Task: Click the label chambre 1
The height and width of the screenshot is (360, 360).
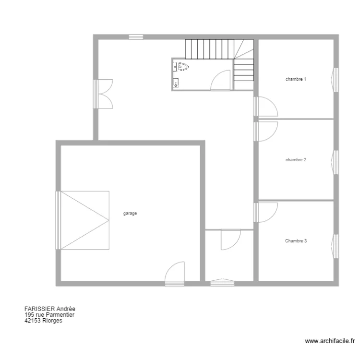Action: pos(295,79)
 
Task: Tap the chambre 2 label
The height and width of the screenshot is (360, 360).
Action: pos(295,159)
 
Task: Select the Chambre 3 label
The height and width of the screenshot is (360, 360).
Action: pos(295,241)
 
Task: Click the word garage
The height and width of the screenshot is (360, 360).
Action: pos(130,214)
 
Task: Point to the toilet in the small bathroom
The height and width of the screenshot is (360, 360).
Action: pos(183,67)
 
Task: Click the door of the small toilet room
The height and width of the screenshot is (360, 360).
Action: pos(222,80)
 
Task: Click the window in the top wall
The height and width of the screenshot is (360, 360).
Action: pos(136,36)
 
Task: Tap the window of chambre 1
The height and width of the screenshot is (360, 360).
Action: pos(336,79)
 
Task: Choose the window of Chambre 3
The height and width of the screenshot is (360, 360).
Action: pos(336,247)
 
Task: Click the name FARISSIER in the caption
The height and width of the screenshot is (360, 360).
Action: pos(39,309)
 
